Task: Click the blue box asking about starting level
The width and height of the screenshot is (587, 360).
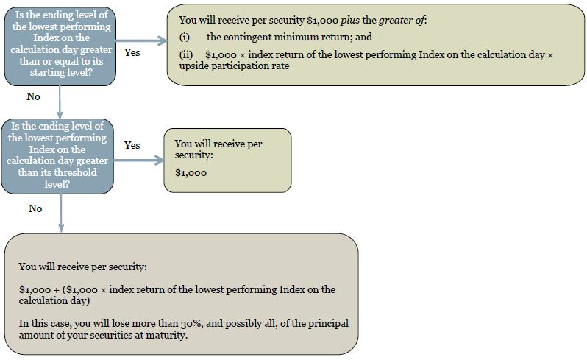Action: (x=60, y=46)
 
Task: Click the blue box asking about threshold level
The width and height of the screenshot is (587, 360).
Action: (x=57, y=156)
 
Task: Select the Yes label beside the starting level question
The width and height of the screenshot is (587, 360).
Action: (x=132, y=52)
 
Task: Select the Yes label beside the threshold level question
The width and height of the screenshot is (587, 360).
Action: (x=132, y=145)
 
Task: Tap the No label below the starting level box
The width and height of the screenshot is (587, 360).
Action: (x=33, y=96)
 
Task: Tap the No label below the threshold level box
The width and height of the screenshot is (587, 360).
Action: (x=35, y=208)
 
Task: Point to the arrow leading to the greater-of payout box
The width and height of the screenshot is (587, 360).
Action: (x=141, y=40)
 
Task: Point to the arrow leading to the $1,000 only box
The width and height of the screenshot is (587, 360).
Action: (x=139, y=160)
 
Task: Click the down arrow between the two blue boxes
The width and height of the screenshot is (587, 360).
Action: (x=60, y=102)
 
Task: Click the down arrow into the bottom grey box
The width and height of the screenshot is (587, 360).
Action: (x=61, y=213)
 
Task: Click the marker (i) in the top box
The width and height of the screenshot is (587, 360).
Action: (x=184, y=37)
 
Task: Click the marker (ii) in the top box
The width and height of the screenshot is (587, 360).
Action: (x=185, y=54)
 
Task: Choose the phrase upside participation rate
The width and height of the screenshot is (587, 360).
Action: (x=235, y=66)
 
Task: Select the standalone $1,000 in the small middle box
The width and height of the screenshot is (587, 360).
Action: (x=191, y=173)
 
